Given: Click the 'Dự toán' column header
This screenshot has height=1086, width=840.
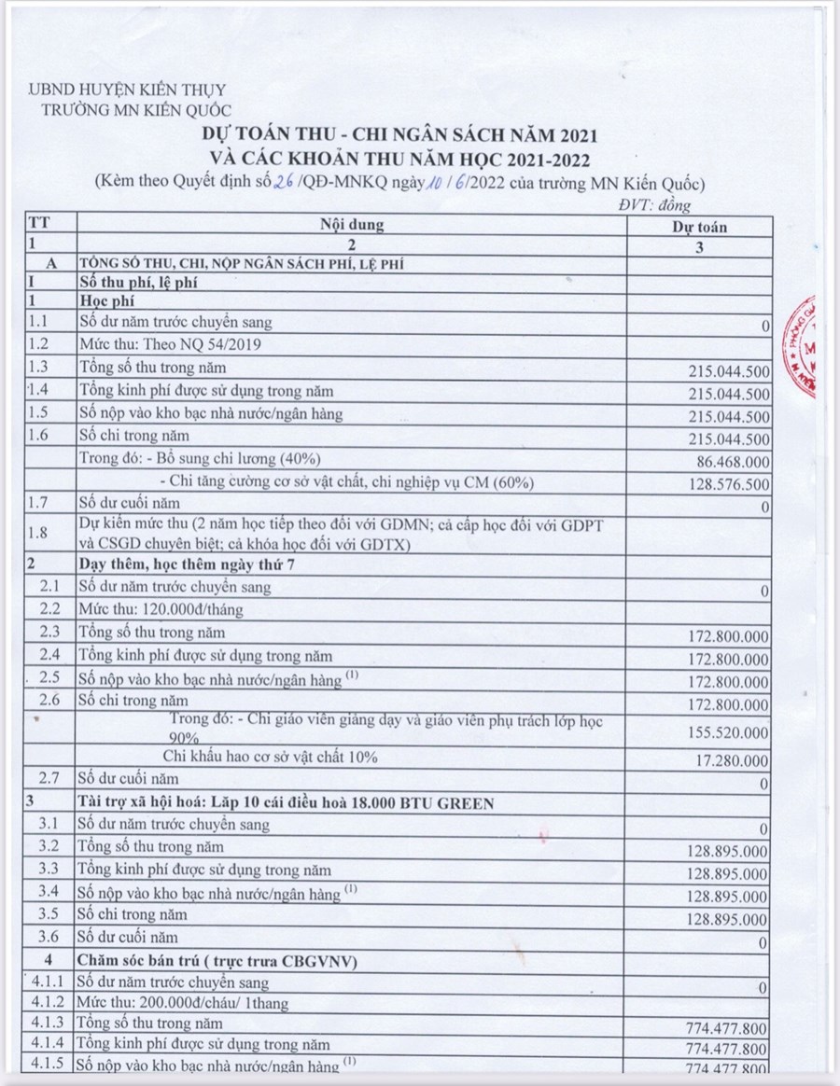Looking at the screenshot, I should (700, 227).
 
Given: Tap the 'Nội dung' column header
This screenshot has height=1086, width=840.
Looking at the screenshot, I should (352, 225).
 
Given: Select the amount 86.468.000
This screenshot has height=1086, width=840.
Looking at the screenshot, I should (733, 461).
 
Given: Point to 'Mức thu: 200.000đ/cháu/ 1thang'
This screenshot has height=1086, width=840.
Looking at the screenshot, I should (183, 1003).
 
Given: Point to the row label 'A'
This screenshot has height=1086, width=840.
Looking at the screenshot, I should (51, 264).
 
